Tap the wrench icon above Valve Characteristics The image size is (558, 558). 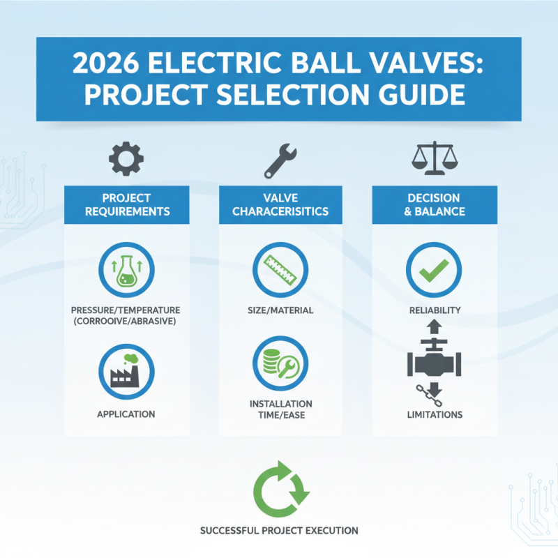point(281,161)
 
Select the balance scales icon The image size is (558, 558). point(434,160)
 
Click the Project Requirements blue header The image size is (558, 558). point(126,204)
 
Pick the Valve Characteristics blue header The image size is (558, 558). point(280,204)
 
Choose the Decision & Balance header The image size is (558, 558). point(434,204)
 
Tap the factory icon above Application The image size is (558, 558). point(126,370)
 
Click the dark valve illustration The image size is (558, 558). point(434,363)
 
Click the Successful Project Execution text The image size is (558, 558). point(279,531)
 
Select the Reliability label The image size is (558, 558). point(434,310)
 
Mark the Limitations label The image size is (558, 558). point(434,414)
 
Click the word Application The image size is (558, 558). point(126,414)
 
